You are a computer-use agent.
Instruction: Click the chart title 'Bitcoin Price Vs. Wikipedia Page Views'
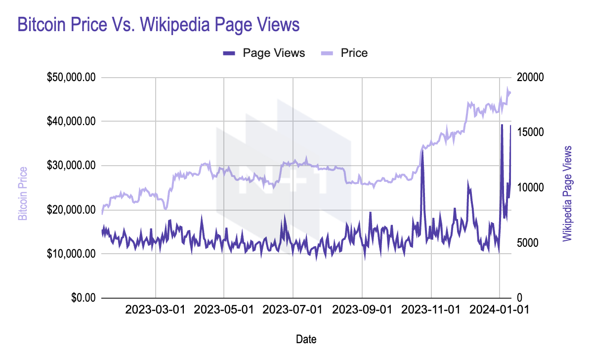click(x=159, y=25)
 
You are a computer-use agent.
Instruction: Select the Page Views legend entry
click(x=264, y=53)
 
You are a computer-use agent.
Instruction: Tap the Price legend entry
click(x=344, y=53)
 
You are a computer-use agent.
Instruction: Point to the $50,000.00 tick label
click(x=71, y=78)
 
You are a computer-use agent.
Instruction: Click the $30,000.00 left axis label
click(x=71, y=165)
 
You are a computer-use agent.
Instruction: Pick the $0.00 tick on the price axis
click(x=84, y=298)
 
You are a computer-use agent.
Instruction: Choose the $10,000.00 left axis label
click(x=71, y=254)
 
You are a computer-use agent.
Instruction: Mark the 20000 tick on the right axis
click(x=530, y=78)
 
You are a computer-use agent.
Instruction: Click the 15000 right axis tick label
click(x=530, y=132)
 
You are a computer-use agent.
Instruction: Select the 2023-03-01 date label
click(x=155, y=310)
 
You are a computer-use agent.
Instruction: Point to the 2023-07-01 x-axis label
click(x=293, y=310)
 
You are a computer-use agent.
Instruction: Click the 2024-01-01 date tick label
click(x=499, y=310)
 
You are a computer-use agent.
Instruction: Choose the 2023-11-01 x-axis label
click(x=431, y=310)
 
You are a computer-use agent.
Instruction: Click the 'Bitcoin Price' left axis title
click(x=23, y=193)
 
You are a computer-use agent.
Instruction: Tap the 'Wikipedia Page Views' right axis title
click(x=567, y=193)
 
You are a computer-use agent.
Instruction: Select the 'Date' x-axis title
click(x=306, y=339)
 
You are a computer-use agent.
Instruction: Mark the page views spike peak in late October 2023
click(x=422, y=151)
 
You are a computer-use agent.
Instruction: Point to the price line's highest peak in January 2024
click(x=507, y=88)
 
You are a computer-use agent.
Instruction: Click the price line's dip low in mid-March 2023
click(x=166, y=209)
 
